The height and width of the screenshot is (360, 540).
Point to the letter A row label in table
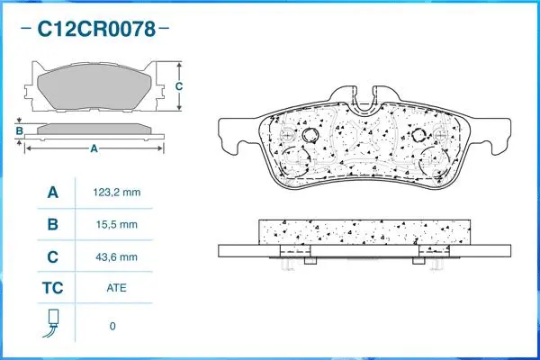(x=52, y=193)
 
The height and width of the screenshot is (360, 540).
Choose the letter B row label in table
(x=52, y=224)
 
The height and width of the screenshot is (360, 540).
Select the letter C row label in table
(x=52, y=256)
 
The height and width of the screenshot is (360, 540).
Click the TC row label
(x=52, y=289)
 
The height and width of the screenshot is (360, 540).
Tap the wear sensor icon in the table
(x=52, y=322)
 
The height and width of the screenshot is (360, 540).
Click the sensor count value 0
(x=112, y=326)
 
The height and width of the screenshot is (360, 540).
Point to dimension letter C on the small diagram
(x=179, y=86)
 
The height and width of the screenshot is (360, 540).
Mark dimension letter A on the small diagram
(x=94, y=148)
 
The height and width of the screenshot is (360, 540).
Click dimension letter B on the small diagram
(x=19, y=131)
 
